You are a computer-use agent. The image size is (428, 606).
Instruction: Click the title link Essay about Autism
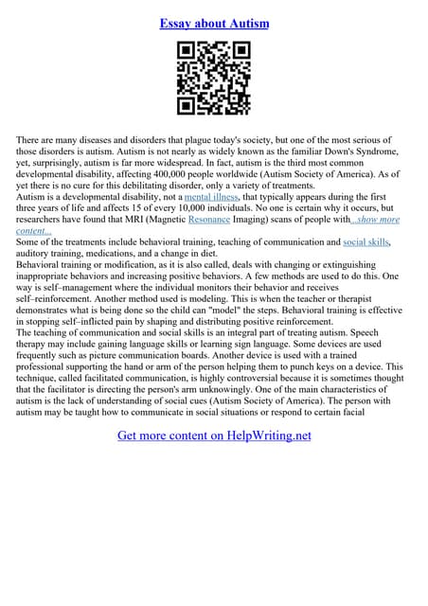tap(214, 22)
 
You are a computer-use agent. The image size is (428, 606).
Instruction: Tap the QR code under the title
tap(214, 79)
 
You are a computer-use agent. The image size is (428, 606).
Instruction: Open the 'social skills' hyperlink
tap(366, 242)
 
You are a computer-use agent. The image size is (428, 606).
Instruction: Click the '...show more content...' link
tap(376, 220)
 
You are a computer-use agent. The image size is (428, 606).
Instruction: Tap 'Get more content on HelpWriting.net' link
tap(214, 436)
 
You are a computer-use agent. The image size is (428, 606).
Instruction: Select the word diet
tap(226, 254)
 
